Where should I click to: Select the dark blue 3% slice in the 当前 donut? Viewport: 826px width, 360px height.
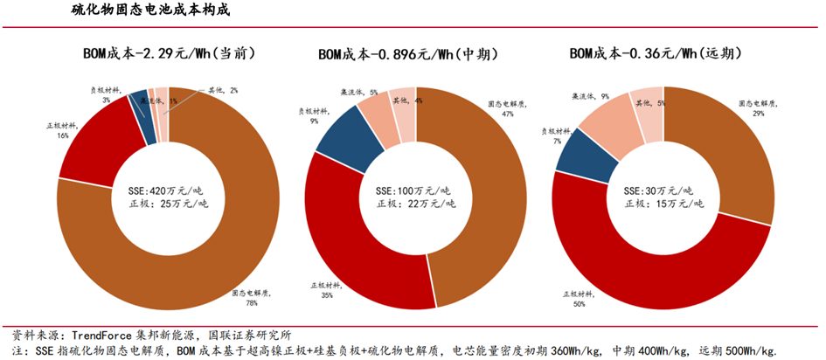tap(138, 104)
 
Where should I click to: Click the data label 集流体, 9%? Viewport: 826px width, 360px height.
tap(591, 97)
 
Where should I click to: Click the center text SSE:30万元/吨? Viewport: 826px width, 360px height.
tap(661, 189)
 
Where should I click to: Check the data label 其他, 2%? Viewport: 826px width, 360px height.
tap(222, 90)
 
